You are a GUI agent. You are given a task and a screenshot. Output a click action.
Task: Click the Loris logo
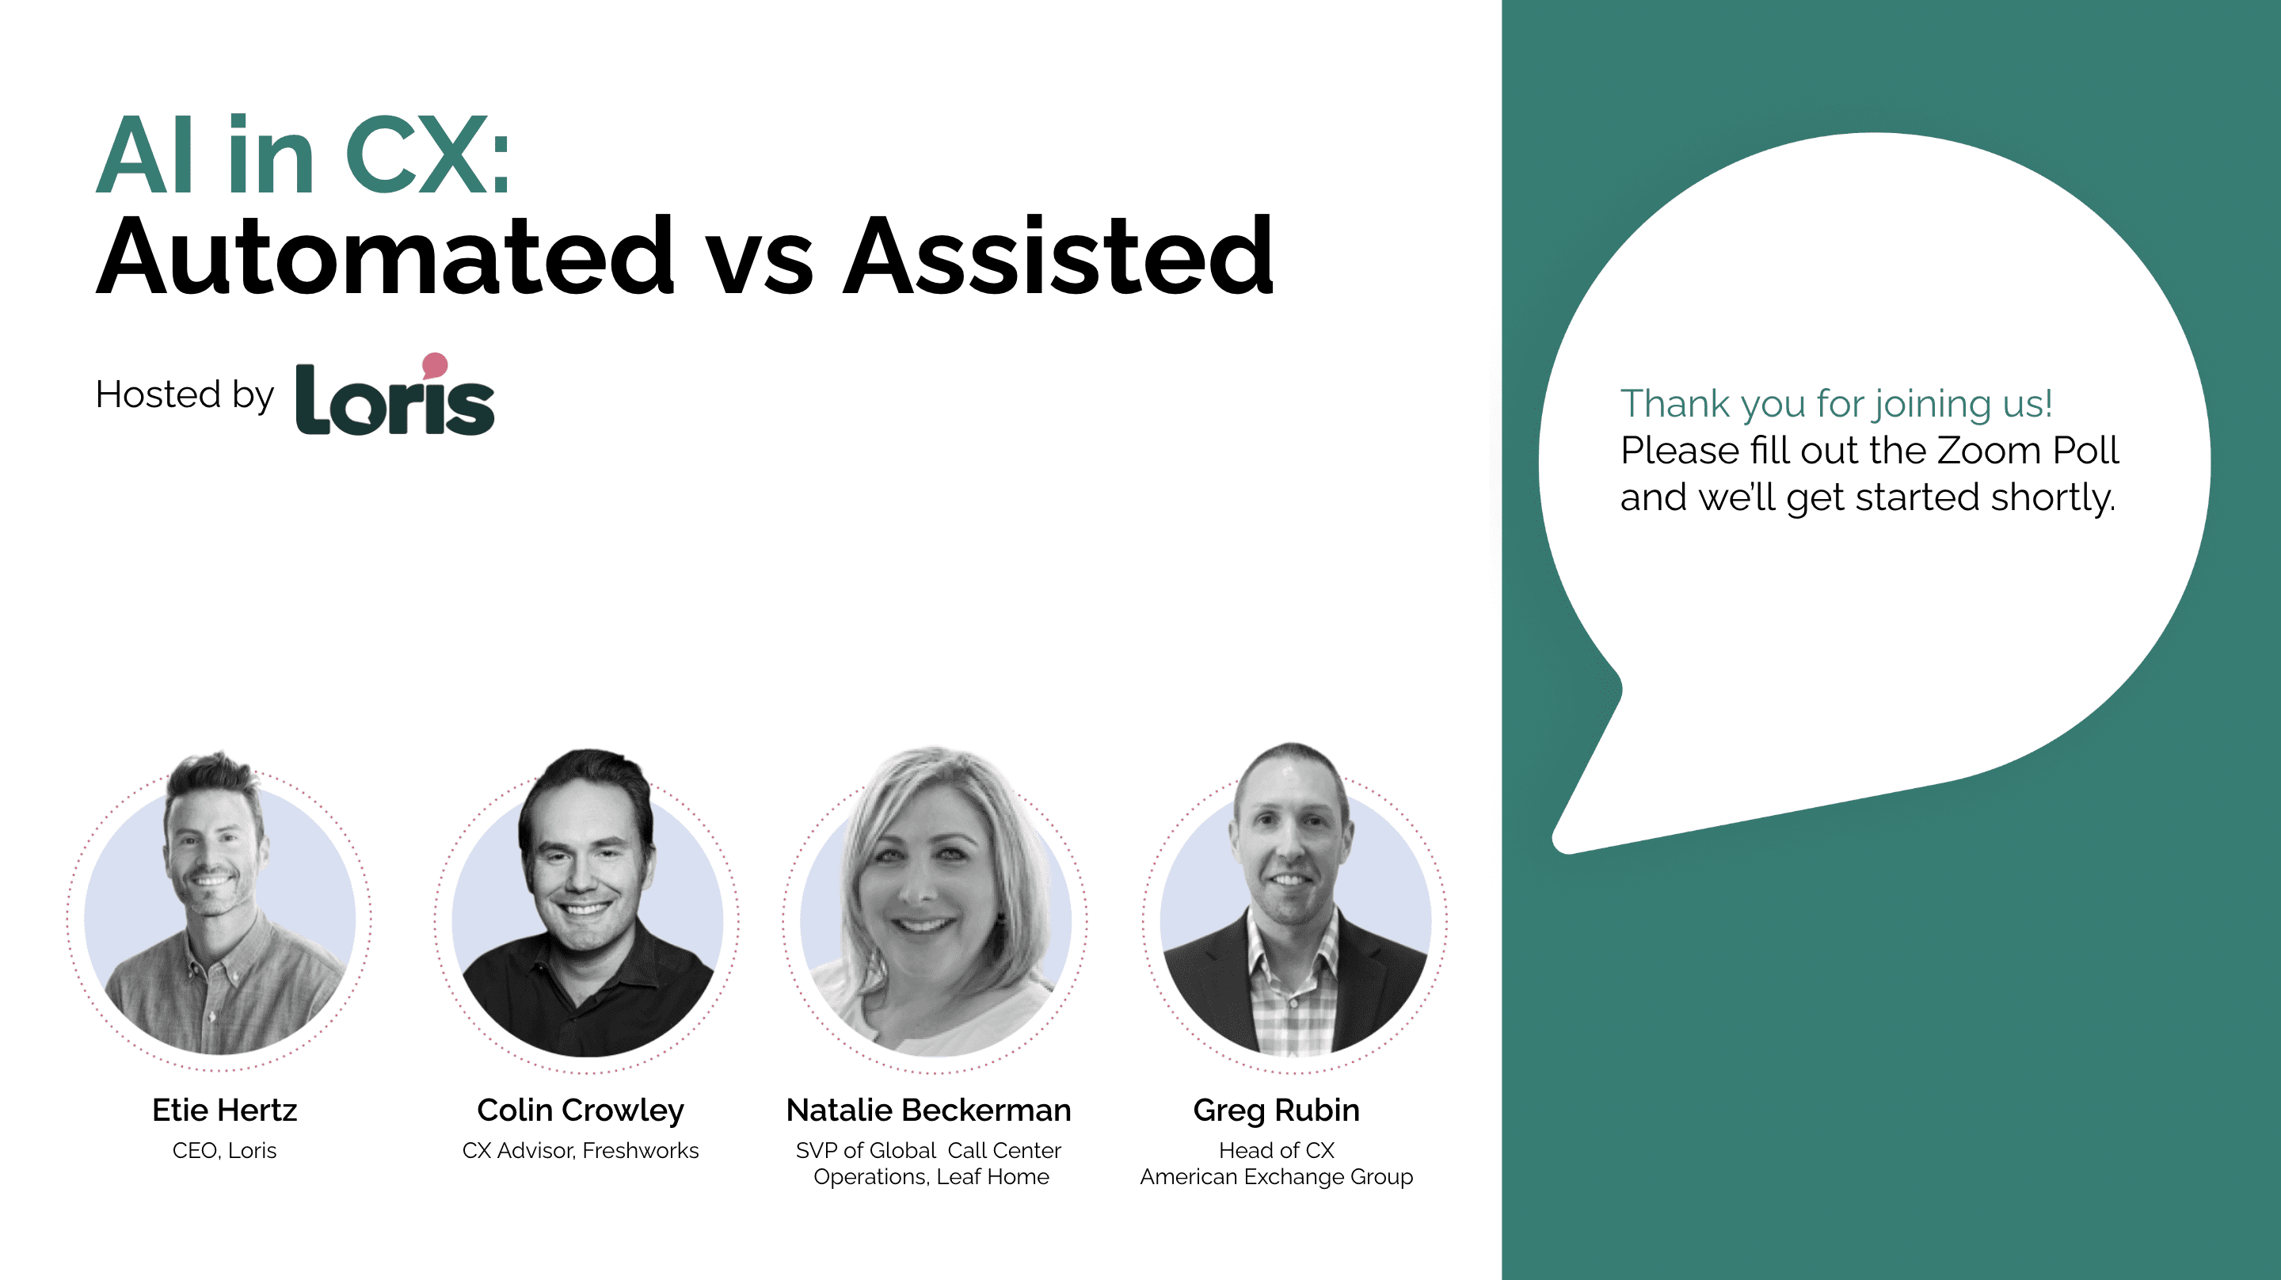tap(395, 395)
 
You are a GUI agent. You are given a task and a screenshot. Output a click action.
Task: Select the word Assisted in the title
tap(1059, 256)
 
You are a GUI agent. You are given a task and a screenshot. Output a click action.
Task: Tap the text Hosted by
tap(185, 395)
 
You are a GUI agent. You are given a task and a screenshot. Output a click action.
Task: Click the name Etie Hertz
tap(225, 1110)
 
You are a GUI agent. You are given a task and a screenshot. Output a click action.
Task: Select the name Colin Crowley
tap(581, 1110)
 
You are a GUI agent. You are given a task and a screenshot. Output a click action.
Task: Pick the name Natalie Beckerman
tap(929, 1110)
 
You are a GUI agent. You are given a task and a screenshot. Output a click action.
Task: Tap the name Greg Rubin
tap(1276, 1110)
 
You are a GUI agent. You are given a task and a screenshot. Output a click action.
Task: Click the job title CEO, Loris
tap(225, 1151)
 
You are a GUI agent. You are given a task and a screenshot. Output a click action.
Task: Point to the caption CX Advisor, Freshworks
tap(581, 1151)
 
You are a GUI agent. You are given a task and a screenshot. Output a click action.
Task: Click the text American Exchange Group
tap(1277, 1177)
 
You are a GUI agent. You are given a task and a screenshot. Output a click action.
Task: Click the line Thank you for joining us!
tap(1837, 405)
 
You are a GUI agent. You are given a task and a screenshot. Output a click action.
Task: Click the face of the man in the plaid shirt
tap(1291, 851)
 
